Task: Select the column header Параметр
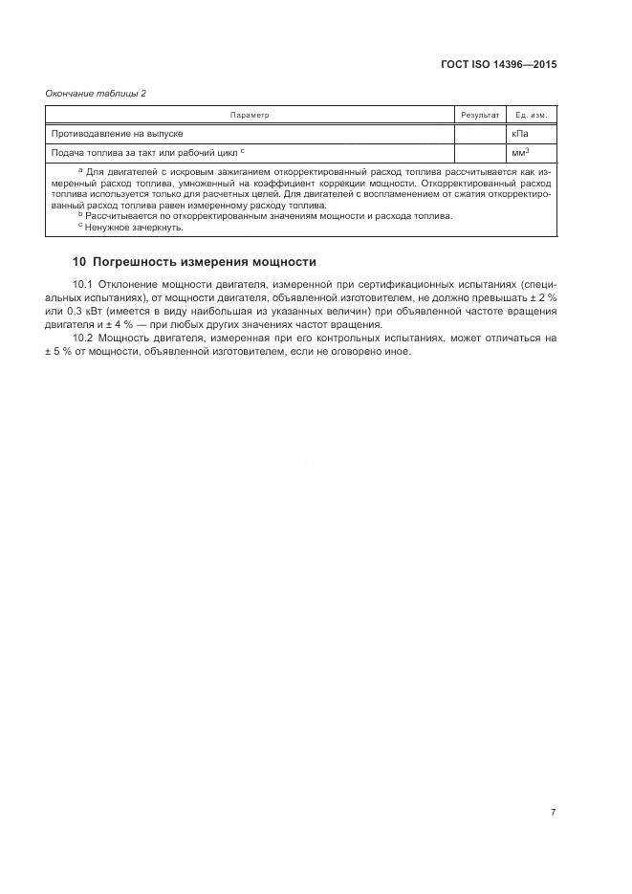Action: point(250,115)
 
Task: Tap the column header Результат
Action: point(480,115)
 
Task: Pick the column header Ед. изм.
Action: point(531,115)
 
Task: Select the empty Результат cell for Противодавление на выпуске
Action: point(480,134)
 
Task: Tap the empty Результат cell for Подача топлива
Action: point(480,152)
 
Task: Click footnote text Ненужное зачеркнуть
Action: point(133,228)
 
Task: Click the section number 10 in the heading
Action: point(79,262)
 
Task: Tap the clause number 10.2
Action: point(82,338)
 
